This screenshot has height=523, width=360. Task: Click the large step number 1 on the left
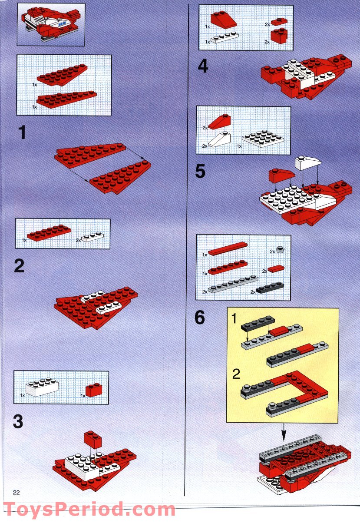tap(20, 132)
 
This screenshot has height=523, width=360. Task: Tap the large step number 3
tap(19, 421)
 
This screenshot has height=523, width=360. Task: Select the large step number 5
tap(200, 171)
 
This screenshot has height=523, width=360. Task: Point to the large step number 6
tap(200, 318)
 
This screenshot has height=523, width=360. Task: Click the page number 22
tap(17, 492)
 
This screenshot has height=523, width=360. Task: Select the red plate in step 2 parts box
tap(49, 233)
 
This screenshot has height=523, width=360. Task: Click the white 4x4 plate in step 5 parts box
tap(264, 139)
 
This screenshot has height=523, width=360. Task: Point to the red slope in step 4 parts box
tap(224, 20)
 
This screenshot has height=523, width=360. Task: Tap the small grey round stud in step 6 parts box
tap(281, 250)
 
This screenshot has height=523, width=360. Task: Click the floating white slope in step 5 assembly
tap(307, 163)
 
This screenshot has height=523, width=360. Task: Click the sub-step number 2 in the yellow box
tap(236, 374)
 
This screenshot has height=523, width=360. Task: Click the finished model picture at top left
tap(51, 25)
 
